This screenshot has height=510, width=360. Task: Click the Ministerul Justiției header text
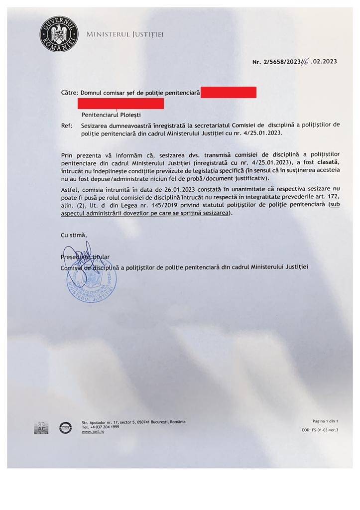tap(125, 34)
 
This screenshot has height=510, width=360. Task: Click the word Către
tap(69, 93)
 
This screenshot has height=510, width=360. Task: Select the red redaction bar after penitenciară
tap(229, 92)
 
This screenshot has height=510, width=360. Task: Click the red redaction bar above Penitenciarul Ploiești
tap(120, 104)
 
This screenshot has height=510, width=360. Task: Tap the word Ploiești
tap(129, 115)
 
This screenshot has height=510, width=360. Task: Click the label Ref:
tap(67, 126)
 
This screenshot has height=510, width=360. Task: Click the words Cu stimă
tap(74, 235)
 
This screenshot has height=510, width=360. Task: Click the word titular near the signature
tap(101, 257)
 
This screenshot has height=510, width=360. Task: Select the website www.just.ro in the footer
tap(93, 432)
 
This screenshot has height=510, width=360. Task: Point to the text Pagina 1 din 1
tap(325, 421)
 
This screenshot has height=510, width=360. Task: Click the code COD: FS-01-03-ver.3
tap(320, 430)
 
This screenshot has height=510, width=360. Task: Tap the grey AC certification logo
tap(41, 428)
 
